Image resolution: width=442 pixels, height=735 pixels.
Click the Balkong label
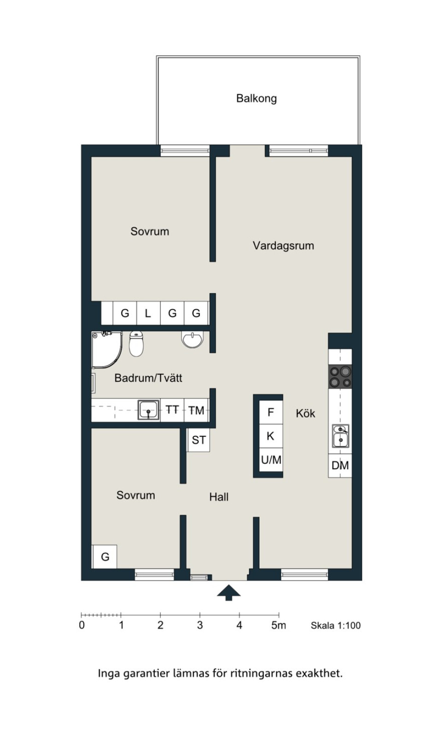point(256,98)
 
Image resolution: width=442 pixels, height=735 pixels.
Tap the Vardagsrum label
point(284,246)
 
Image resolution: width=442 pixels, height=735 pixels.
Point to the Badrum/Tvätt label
point(148,378)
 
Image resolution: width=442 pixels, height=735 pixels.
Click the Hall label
point(219,497)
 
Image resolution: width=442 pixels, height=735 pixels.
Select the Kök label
point(305,413)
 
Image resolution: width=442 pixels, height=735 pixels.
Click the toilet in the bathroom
point(136,344)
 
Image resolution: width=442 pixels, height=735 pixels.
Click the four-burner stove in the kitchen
point(340,377)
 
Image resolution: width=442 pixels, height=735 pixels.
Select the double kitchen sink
point(340,436)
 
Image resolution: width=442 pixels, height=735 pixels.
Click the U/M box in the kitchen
point(271,460)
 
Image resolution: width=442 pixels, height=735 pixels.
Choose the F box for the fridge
point(271,412)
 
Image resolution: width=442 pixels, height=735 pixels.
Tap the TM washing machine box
point(196,410)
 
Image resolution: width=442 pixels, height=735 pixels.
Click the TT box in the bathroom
point(172,410)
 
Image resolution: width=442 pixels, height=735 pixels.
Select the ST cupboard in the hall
point(198,440)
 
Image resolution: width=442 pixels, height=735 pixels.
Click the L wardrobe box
point(148,313)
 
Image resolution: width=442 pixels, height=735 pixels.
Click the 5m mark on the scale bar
point(279,625)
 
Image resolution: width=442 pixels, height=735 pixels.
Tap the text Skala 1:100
point(336,626)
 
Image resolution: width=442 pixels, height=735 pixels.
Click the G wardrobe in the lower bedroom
point(105,557)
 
